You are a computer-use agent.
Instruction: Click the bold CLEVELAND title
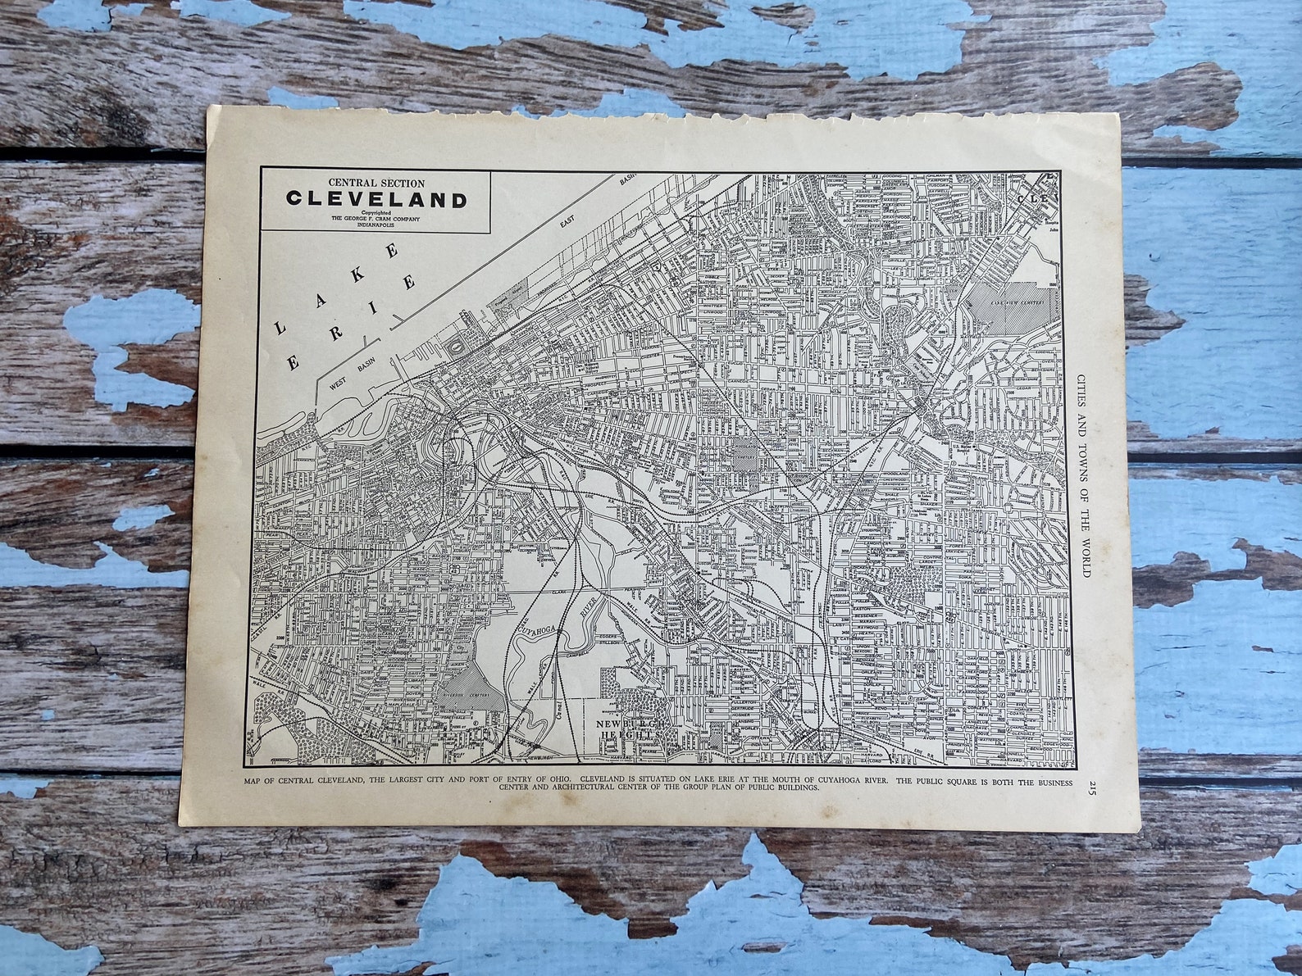[376, 199]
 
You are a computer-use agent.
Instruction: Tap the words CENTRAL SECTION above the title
[376, 182]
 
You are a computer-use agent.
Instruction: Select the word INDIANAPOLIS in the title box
[376, 225]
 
